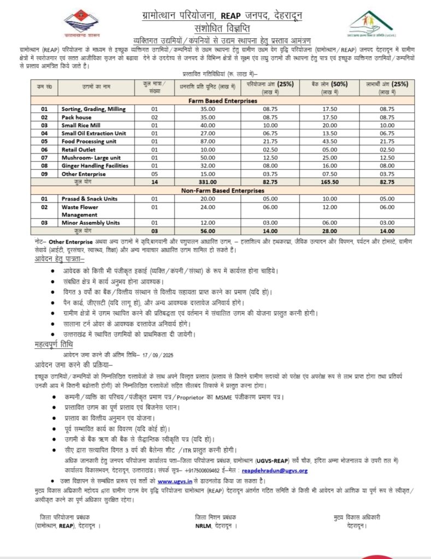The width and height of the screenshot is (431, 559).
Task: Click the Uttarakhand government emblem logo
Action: click(x=81, y=23)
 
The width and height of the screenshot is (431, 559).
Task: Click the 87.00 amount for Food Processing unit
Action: click(x=208, y=141)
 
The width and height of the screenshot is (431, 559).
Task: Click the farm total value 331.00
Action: click(x=208, y=182)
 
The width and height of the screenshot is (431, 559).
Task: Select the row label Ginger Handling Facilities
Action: click(x=95, y=165)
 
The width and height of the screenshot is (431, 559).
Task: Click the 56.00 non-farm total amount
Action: click(x=208, y=231)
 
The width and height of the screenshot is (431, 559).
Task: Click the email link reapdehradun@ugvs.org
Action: click(x=275, y=470)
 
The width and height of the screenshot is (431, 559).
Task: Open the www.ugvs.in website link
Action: click(x=173, y=480)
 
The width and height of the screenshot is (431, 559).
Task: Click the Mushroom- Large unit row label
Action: click(x=91, y=157)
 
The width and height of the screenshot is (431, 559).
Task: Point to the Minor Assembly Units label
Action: click(x=91, y=223)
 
